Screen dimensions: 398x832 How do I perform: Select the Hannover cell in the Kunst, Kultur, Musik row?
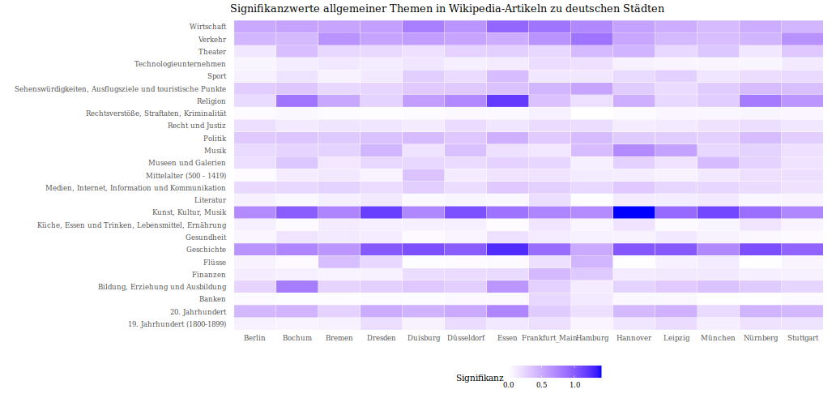point(634,212)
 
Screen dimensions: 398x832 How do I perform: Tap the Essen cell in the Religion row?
point(507,101)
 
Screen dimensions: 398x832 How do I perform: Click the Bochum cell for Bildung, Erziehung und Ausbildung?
point(297,286)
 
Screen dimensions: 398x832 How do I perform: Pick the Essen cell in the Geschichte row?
point(507,250)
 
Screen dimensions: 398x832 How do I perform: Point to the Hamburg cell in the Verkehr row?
point(591,39)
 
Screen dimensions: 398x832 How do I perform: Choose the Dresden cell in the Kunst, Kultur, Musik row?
point(381,212)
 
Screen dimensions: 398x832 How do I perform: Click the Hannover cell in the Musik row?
point(634,150)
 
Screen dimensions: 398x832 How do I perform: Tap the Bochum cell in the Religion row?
point(297,101)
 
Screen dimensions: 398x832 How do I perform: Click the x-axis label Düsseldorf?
point(465,338)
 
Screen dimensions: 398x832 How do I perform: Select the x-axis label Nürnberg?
point(760,338)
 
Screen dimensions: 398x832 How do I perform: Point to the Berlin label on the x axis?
point(254,338)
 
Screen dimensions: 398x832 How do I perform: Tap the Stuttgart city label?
point(802,338)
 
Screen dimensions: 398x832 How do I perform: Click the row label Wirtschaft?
point(207,27)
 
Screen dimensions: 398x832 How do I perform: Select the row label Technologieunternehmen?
point(180,64)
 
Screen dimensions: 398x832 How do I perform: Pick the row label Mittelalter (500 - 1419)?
point(186,175)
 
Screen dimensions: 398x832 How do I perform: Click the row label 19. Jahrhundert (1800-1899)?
point(177,324)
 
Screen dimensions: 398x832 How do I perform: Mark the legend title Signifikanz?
point(480,378)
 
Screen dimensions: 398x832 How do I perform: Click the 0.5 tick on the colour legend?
point(541,385)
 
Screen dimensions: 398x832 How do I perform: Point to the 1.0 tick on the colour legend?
point(574,385)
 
